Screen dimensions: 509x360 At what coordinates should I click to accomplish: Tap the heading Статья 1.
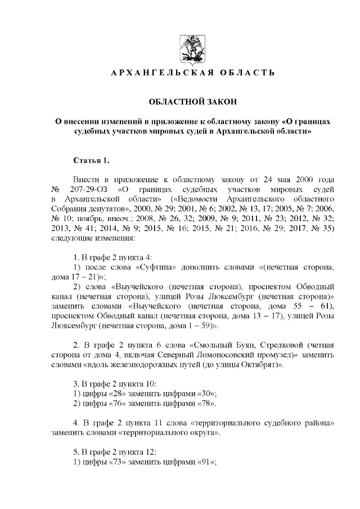88,161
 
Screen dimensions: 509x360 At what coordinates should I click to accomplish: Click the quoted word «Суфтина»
147,266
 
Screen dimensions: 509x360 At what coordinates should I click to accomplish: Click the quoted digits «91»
207,462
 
